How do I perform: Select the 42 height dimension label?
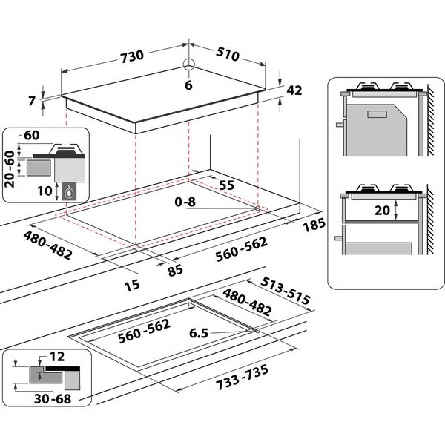(294, 90)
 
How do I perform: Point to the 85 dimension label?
(175, 271)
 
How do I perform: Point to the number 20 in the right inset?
(382, 210)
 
